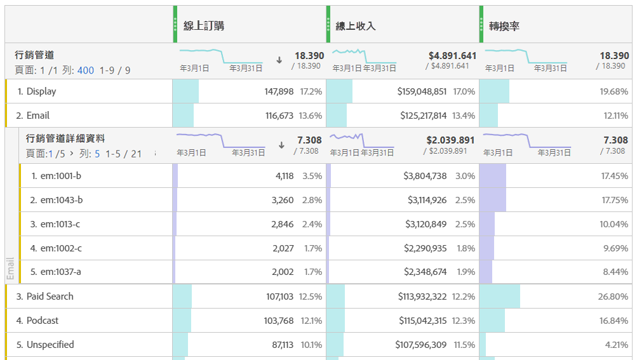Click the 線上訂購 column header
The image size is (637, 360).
coord(203,26)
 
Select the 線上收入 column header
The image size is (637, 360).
coord(356,26)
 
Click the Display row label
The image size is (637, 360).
coord(41,91)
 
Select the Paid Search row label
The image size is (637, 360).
coord(50,297)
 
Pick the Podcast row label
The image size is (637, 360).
coord(42,321)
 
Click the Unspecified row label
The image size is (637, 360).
coord(50,345)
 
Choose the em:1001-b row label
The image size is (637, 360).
coord(61,176)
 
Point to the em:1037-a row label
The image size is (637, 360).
coord(61,272)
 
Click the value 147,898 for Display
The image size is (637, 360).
coord(279,91)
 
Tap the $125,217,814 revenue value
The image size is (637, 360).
coord(423,116)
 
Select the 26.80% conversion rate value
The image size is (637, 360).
coord(614,297)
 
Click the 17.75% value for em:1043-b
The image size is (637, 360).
coord(614,200)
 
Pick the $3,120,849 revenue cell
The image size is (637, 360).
coord(426,224)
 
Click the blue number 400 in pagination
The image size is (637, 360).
coord(86,70)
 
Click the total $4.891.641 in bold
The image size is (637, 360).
coord(452,56)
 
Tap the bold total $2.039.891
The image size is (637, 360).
coord(450,140)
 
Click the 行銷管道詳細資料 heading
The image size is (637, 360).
coord(65,138)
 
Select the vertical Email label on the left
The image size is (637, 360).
coord(10,269)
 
